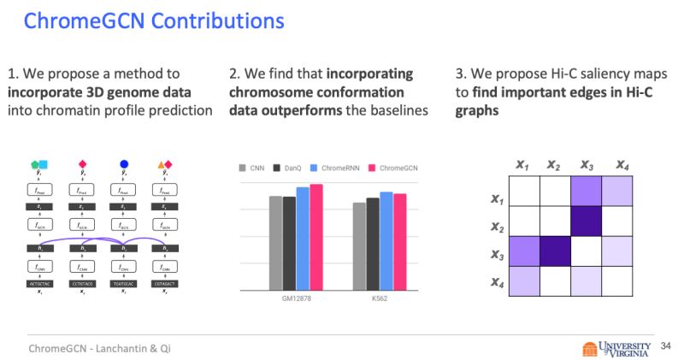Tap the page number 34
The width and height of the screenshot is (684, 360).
pos(667,346)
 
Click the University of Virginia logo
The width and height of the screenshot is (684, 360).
pos(619,347)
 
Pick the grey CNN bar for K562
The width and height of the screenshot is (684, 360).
pos(359,247)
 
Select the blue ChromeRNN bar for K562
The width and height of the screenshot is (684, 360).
pos(386,242)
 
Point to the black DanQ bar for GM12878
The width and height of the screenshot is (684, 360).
pos(289,245)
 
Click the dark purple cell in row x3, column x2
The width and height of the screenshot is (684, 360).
pos(555,251)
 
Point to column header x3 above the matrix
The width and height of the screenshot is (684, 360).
pos(586,164)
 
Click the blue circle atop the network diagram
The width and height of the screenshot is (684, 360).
pos(124,163)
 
